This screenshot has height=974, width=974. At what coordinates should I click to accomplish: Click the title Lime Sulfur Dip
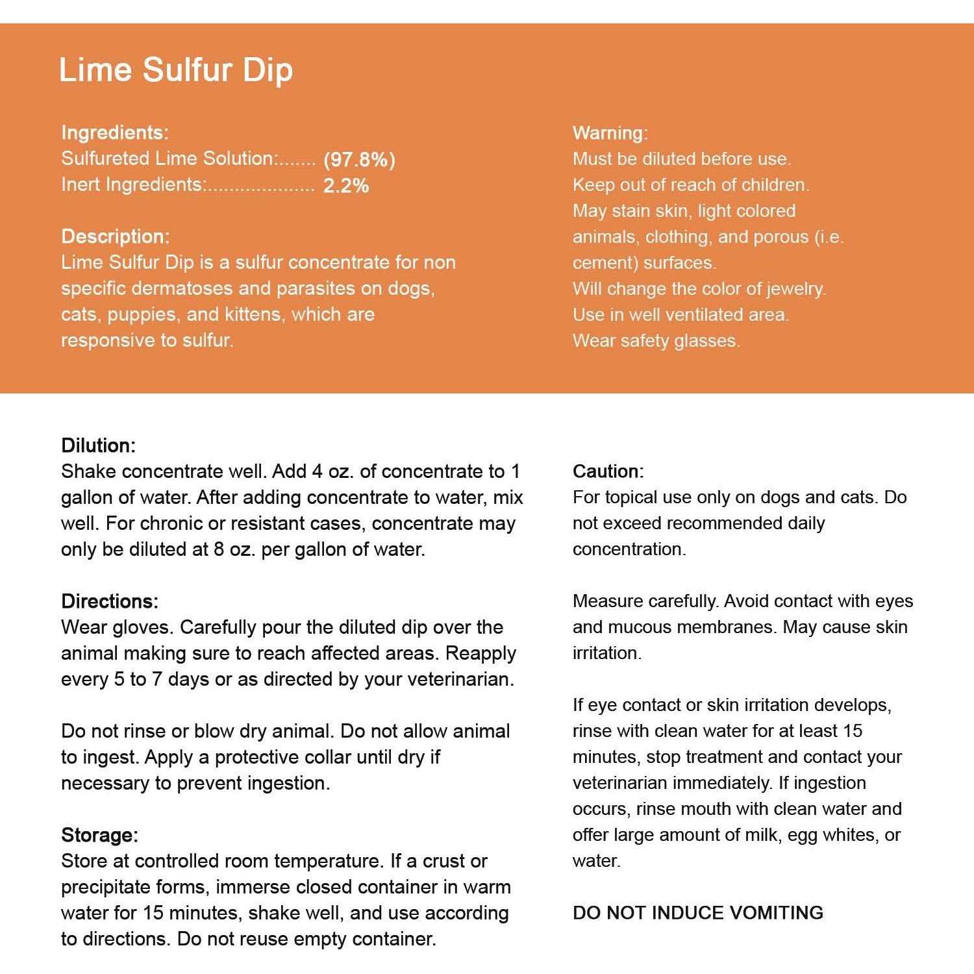click(x=175, y=69)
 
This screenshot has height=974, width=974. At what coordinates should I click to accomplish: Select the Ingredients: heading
click(x=115, y=132)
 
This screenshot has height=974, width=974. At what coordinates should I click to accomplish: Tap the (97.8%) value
click(x=359, y=160)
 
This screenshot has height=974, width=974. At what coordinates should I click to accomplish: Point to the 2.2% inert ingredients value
click(x=346, y=186)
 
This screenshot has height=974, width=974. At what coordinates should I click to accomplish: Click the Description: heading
click(x=115, y=236)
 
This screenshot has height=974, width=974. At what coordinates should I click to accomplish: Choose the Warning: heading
click(x=610, y=133)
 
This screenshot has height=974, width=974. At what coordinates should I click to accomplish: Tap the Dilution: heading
click(x=98, y=445)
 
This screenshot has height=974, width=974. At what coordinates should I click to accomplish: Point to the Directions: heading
click(x=110, y=601)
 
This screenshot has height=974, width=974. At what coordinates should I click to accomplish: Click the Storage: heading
click(x=99, y=835)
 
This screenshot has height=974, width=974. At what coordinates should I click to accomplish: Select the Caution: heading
click(x=608, y=471)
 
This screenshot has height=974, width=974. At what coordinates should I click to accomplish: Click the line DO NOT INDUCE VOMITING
click(x=697, y=913)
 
